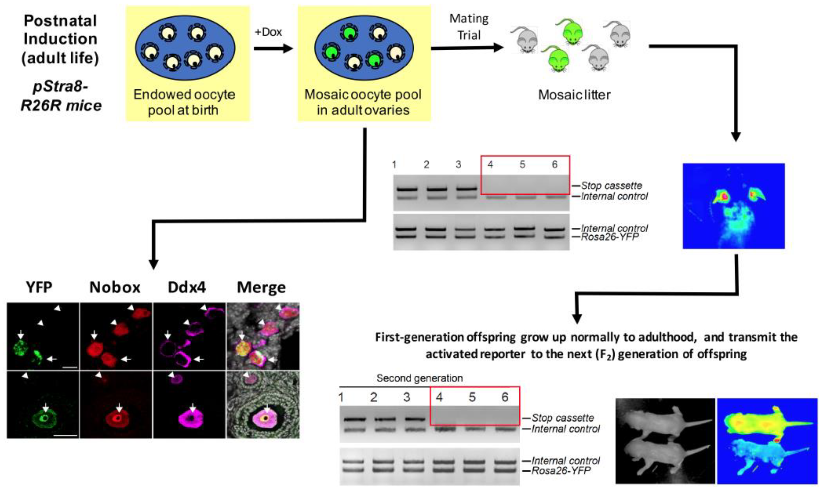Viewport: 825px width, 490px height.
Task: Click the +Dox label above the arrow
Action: point(268,32)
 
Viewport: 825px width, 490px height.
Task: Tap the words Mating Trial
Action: point(469,27)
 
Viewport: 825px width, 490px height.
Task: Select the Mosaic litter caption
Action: point(574,95)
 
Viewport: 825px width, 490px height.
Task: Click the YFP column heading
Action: point(39,287)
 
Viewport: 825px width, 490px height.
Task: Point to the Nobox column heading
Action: point(115,287)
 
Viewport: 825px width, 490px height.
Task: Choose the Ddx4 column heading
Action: point(187,287)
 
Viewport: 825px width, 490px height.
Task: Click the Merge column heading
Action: point(261,287)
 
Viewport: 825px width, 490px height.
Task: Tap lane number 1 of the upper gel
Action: point(394,164)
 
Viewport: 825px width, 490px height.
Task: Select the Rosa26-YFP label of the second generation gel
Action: point(561,471)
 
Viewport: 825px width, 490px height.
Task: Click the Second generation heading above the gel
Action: point(420,378)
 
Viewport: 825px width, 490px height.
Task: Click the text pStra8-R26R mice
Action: point(61,96)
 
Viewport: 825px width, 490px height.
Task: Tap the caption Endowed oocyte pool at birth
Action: point(184,102)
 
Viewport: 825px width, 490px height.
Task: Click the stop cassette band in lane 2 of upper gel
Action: point(437,189)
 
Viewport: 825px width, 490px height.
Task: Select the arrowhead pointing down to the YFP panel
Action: point(154,264)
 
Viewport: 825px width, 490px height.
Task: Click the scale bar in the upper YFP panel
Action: point(69,367)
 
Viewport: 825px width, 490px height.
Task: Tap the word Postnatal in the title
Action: point(60,21)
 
